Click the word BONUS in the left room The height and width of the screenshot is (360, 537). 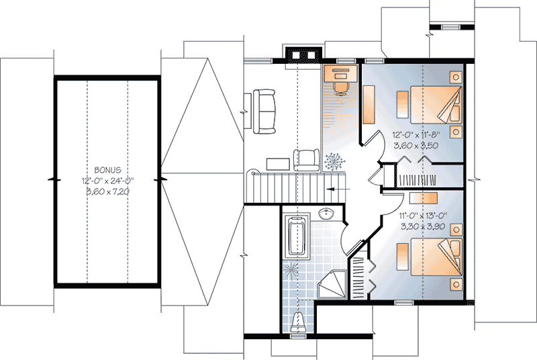coord(107,171)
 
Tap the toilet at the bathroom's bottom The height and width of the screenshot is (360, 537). coord(301,321)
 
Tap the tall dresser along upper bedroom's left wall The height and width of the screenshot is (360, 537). coord(369,104)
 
